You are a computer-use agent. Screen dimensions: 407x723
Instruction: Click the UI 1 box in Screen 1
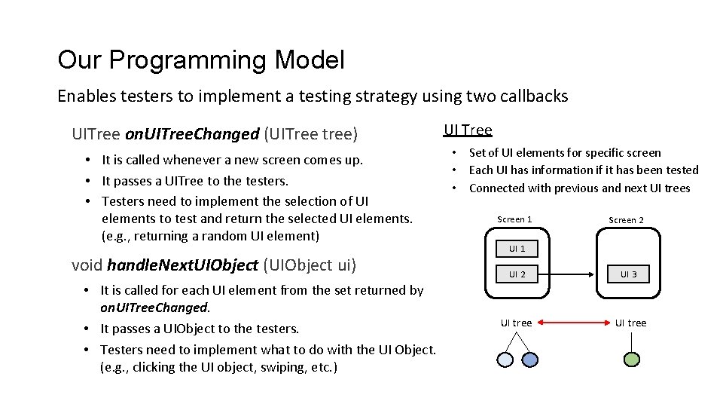[517, 249]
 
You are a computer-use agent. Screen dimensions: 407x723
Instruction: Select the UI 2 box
[517, 274]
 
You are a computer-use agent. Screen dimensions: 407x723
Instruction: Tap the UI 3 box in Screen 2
[629, 274]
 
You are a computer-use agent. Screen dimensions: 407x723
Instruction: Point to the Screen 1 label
[514, 219]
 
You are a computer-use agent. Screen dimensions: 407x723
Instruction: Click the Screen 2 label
[626, 220]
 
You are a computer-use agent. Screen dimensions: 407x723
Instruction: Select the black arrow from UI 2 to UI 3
[573, 274]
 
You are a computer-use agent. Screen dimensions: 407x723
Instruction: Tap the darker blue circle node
[530, 360]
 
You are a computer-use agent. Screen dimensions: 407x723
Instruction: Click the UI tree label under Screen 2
[630, 323]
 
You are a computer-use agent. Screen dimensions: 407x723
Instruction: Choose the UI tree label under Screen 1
[517, 323]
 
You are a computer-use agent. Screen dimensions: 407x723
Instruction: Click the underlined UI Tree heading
[468, 130]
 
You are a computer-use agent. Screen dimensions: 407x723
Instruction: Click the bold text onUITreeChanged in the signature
[192, 134]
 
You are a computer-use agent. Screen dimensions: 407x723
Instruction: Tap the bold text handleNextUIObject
[182, 265]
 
